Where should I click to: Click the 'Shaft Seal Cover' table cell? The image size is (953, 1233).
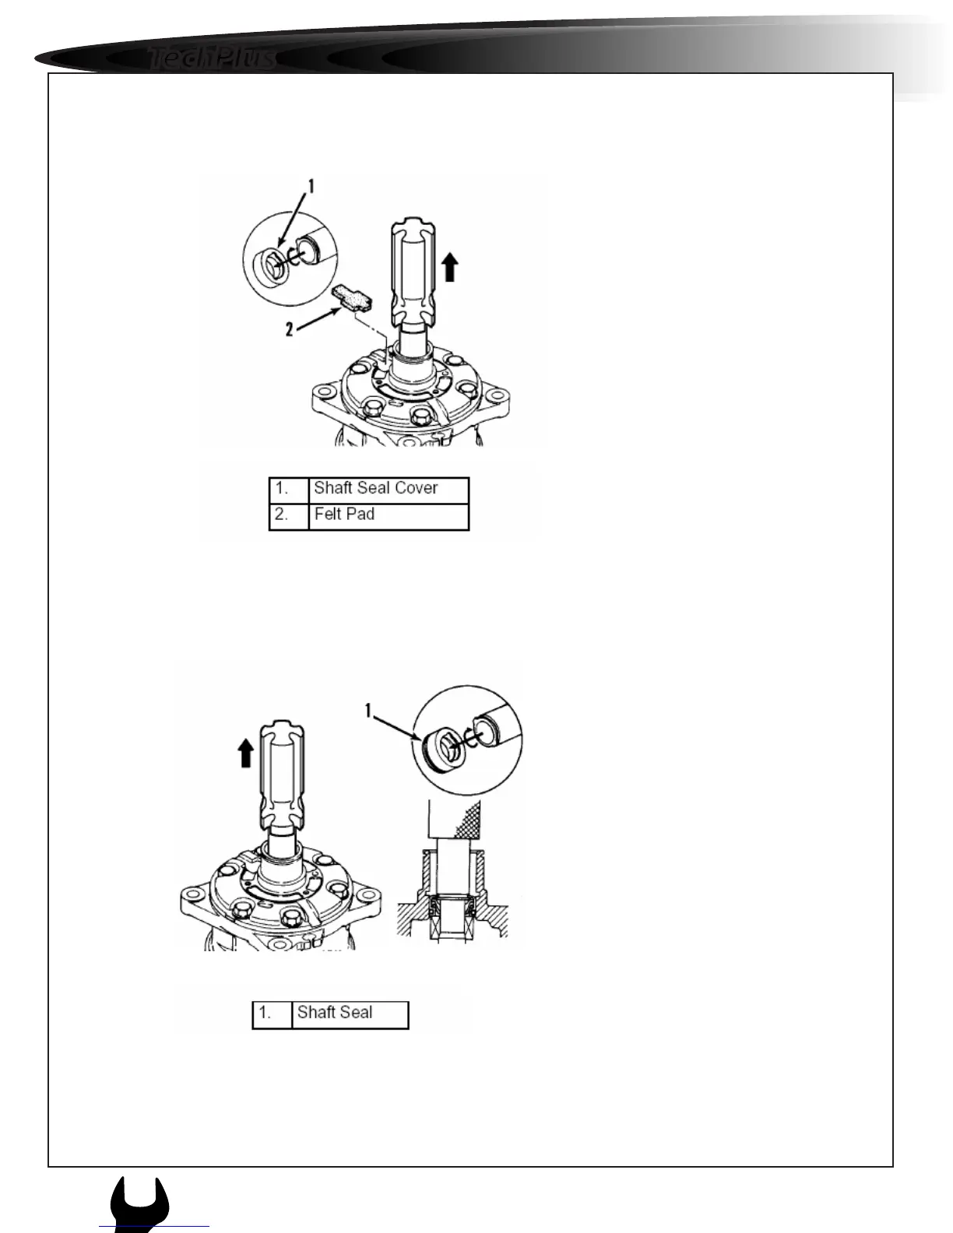[x=389, y=489]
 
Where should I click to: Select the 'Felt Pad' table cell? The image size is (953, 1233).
[x=389, y=515]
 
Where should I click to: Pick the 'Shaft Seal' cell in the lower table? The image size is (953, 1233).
[x=350, y=1013]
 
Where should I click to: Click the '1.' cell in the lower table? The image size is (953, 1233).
[x=272, y=1013]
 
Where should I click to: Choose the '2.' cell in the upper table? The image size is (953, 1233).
[x=289, y=515]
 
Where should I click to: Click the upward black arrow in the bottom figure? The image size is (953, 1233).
[x=246, y=753]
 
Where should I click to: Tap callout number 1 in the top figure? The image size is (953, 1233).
[x=310, y=186]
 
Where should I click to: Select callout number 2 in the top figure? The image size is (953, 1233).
[x=290, y=329]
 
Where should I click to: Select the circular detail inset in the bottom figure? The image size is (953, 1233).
[x=468, y=739]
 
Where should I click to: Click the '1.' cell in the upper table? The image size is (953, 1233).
[x=289, y=489]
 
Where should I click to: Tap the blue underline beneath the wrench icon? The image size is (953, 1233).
[x=154, y=1227]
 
